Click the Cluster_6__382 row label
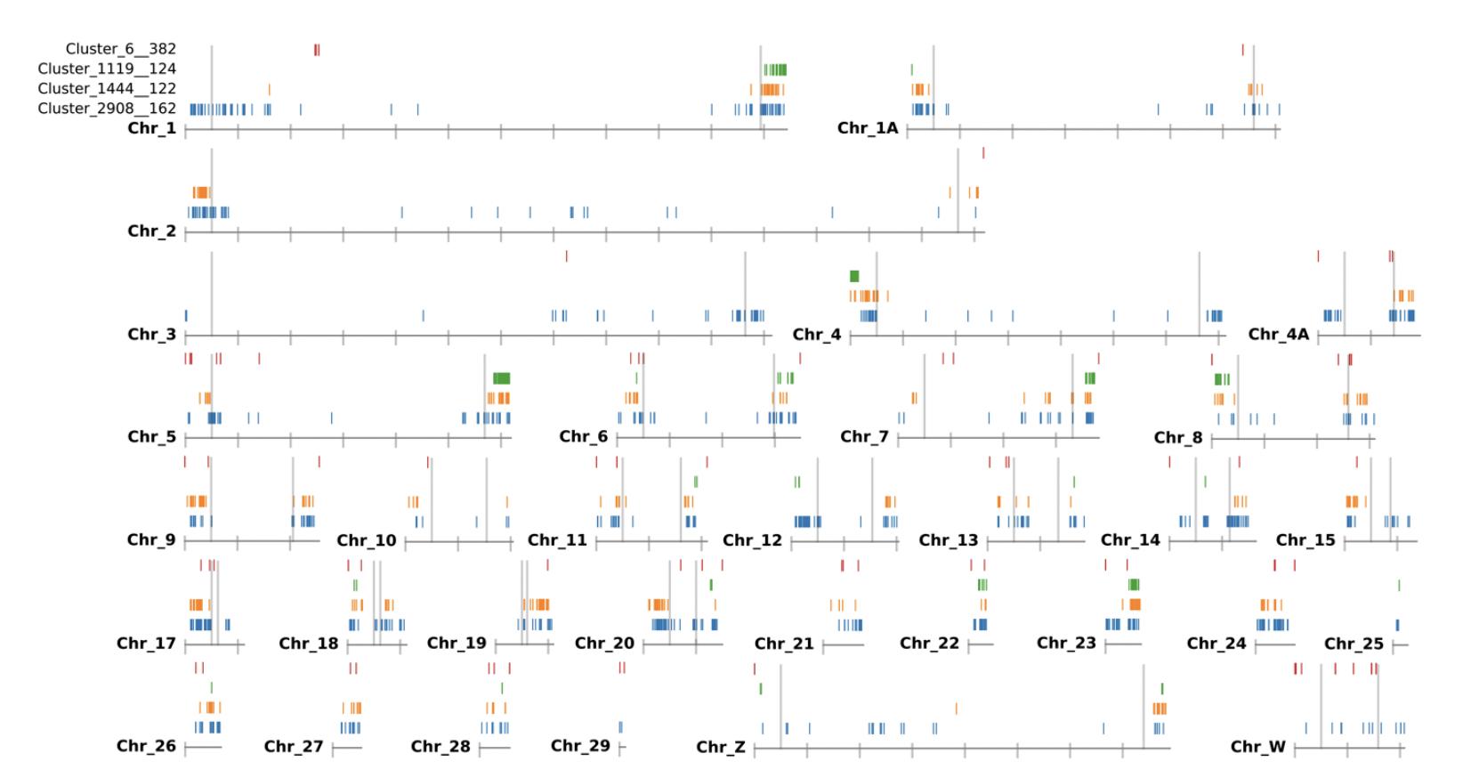coord(121,49)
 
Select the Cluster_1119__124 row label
coord(107,69)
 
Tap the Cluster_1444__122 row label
coord(107,88)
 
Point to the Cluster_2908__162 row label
coord(107,109)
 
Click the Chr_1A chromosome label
coord(868,128)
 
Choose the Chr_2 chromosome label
coord(152,231)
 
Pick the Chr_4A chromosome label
coord(1279,335)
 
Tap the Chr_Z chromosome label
coord(721,747)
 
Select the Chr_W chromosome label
coord(1258,747)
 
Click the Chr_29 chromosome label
coord(580,746)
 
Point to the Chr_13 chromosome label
coord(949,540)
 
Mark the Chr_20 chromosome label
coord(604,644)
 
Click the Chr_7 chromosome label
coord(864,437)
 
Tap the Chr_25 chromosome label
coord(1354,644)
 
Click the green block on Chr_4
coord(854,276)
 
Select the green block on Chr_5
coord(501,378)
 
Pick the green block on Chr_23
coord(1134,585)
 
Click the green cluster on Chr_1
coord(775,69)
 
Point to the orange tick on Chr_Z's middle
coord(957,709)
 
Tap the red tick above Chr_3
coord(567,256)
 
